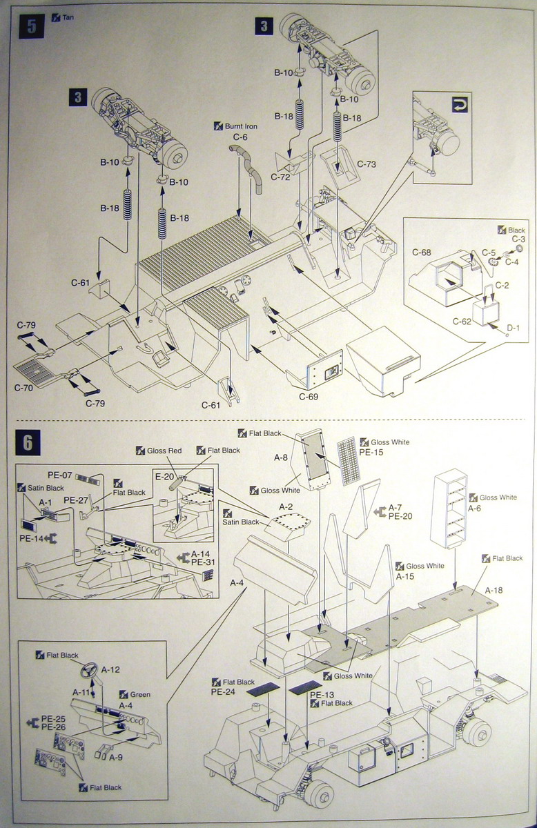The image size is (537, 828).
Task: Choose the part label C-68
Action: coord(422,253)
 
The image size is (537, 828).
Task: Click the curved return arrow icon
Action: coord(460,105)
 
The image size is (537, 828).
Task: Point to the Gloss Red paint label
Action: coord(164,451)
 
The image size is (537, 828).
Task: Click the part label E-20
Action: coord(164,475)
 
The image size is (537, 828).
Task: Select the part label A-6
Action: coord(475,508)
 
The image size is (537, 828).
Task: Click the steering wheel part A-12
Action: coord(88,669)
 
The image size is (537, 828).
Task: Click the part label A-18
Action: coord(494,590)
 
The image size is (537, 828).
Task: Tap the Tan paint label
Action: coord(68,17)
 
